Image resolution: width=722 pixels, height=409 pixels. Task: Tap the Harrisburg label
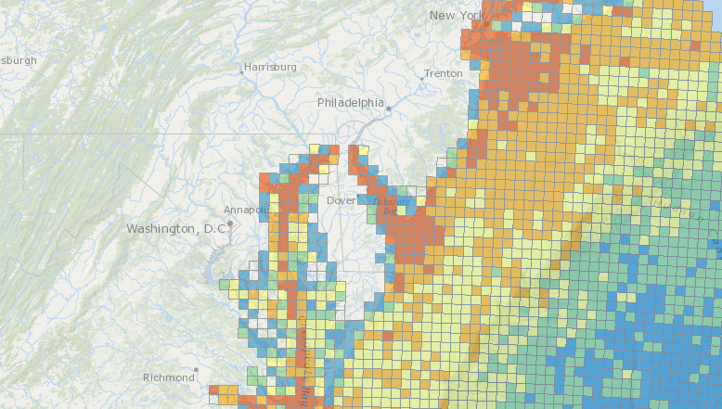click(x=270, y=67)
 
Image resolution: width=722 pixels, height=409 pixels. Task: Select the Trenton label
click(x=443, y=73)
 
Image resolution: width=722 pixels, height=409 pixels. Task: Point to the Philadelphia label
click(x=350, y=102)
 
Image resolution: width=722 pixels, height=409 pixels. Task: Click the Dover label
click(x=341, y=200)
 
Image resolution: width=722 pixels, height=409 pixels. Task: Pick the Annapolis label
click(x=247, y=210)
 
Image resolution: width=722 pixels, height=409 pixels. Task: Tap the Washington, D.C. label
click(x=176, y=228)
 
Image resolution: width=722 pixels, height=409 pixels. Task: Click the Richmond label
click(x=168, y=377)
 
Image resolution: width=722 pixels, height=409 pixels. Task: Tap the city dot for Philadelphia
click(x=389, y=109)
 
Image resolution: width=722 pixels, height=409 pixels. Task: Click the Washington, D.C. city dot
click(x=230, y=224)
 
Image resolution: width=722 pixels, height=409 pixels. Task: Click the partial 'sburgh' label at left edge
click(x=19, y=60)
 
